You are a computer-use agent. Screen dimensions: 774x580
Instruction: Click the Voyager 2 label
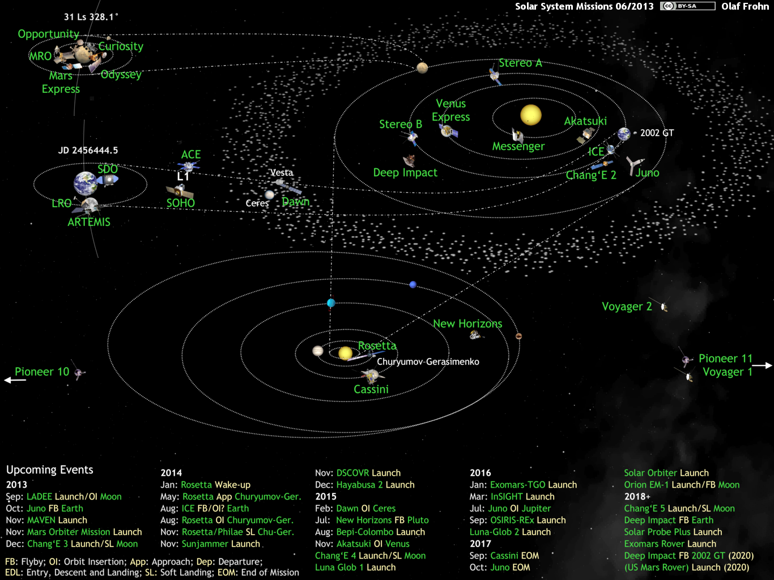[627, 306]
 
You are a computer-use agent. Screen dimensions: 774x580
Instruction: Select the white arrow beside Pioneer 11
[762, 365]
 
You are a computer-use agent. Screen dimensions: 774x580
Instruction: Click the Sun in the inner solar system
[531, 115]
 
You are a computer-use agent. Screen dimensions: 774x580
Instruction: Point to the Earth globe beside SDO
[86, 184]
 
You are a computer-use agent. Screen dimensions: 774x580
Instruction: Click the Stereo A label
[520, 63]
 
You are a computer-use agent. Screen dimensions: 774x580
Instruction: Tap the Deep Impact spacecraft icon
[410, 161]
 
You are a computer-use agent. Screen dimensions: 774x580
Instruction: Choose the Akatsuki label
[585, 121]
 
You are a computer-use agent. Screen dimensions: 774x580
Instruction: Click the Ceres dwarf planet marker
[269, 194]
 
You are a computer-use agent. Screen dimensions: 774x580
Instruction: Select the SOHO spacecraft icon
[180, 191]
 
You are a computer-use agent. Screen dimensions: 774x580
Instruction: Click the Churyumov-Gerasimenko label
[428, 362]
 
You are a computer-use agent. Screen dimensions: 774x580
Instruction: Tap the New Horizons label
[467, 324]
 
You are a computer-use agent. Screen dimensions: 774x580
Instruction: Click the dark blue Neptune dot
[413, 284]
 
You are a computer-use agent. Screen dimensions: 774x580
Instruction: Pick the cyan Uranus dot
[331, 302]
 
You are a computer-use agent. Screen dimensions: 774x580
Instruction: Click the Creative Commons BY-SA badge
[688, 6]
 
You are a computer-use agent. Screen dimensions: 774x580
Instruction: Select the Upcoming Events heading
[50, 470]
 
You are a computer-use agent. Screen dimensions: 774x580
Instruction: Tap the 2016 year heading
[480, 473]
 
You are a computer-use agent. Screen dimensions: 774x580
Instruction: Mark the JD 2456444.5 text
[88, 151]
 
